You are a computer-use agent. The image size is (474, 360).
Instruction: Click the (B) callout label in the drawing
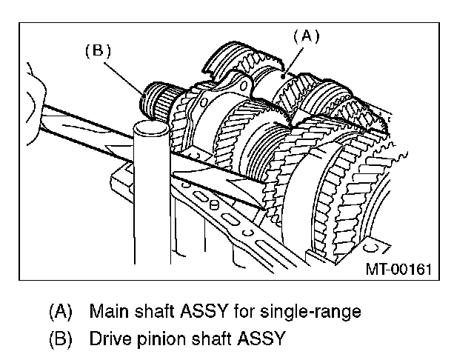(98, 51)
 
